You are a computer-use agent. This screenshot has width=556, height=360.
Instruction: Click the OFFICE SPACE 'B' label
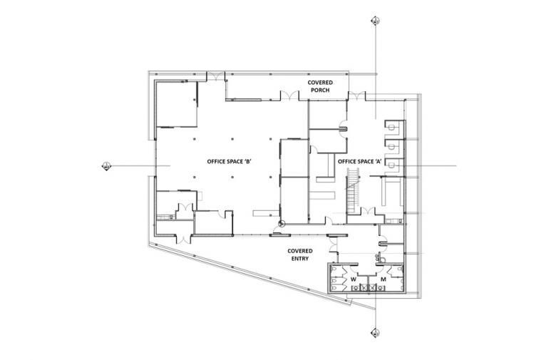[227, 161]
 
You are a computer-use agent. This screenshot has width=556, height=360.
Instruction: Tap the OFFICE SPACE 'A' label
[361, 162]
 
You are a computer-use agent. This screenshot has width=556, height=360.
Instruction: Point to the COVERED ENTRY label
[300, 254]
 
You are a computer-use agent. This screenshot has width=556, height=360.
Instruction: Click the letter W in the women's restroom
[353, 279]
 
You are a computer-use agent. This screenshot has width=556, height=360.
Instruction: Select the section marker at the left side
[107, 167]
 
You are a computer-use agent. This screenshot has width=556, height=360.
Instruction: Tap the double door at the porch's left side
[289, 96]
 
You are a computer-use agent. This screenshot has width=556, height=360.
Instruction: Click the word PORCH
[320, 91]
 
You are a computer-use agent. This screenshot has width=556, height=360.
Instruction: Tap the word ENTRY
[300, 259]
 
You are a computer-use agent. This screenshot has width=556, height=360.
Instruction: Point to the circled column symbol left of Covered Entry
[281, 227]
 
